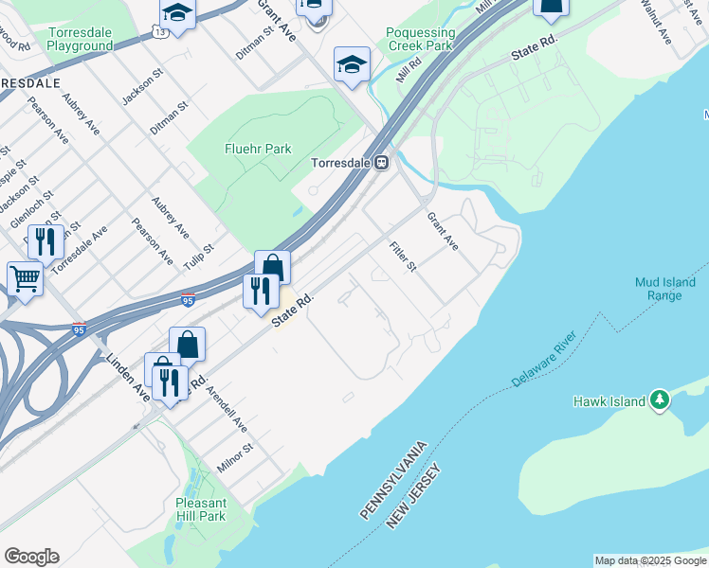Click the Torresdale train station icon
381,163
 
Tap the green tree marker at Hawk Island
660,401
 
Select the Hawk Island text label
608,401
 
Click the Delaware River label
545,360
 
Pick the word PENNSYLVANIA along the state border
395,478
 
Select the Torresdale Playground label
80,39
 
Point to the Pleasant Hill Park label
201,509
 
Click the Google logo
31,557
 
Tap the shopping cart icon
25,278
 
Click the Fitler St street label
403,256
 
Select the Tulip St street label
199,255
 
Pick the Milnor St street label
237,453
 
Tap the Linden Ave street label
128,376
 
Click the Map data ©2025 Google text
649,560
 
